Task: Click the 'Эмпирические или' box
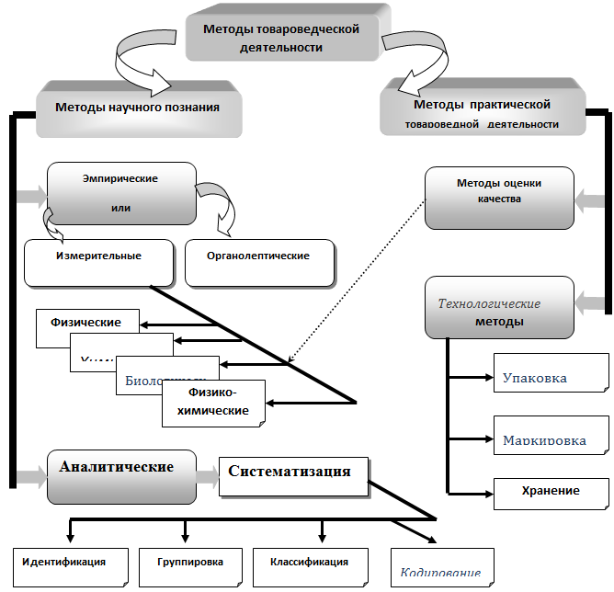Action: coord(120,193)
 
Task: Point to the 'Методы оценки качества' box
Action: coord(499,197)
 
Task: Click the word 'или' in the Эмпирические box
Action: coord(119,208)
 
